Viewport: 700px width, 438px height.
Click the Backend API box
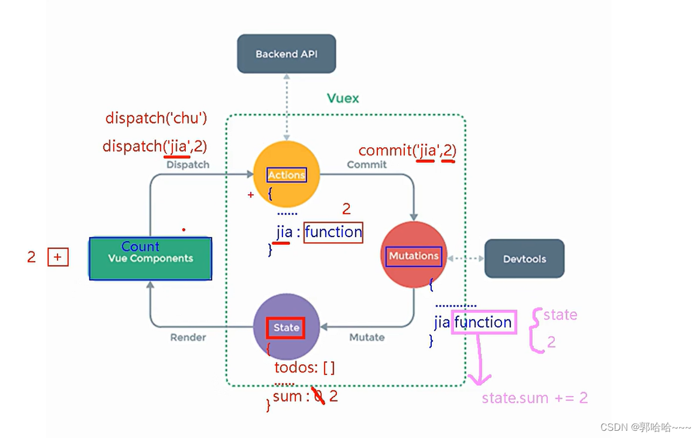(286, 54)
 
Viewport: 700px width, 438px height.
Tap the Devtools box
(524, 259)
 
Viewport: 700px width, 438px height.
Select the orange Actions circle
(287, 175)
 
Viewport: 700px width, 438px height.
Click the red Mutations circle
(414, 256)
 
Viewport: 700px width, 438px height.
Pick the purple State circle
(286, 327)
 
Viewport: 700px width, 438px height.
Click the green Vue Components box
(151, 259)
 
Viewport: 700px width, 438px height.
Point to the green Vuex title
(343, 98)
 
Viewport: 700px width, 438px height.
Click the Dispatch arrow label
(188, 164)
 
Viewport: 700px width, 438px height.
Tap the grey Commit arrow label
(366, 164)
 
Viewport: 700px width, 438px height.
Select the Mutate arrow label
(366, 337)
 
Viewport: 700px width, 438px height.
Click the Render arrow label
(188, 337)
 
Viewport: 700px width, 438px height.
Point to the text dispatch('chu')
(156, 118)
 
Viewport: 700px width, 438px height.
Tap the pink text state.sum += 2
(534, 398)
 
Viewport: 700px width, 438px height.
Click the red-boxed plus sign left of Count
(58, 257)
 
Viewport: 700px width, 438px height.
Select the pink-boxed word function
(483, 322)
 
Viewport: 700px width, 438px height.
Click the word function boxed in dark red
(334, 232)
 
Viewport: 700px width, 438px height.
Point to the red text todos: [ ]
(305, 367)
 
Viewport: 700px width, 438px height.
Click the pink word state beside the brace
(560, 315)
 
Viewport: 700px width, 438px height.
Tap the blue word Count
(140, 247)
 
